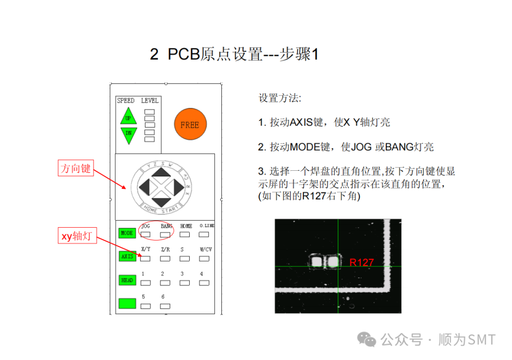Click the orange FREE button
(x=190, y=125)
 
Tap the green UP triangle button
(x=128, y=117)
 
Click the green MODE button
(x=127, y=233)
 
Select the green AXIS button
(x=127, y=257)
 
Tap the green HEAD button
(x=127, y=280)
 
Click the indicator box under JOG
(x=146, y=234)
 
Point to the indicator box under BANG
(x=165, y=234)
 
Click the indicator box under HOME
(x=185, y=234)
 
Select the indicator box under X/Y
(x=146, y=258)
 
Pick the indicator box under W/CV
(x=204, y=258)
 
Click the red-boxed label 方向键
(x=76, y=168)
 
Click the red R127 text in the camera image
(x=362, y=262)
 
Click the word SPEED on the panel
(x=126, y=101)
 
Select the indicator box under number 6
(x=165, y=306)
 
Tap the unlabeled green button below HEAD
(x=127, y=304)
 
